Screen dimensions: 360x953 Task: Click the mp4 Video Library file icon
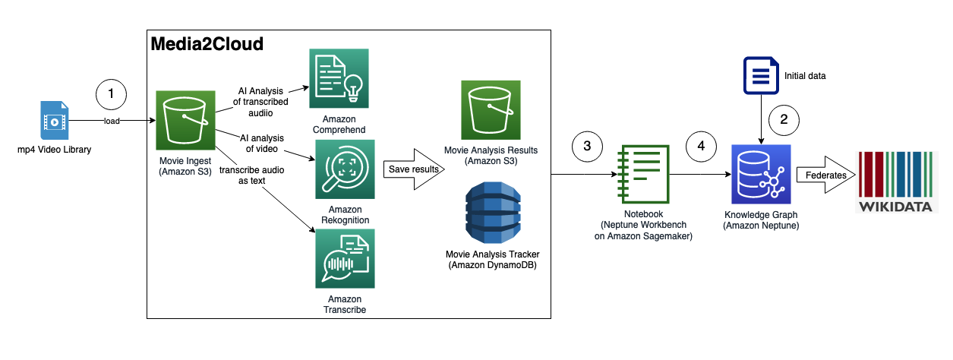pos(55,121)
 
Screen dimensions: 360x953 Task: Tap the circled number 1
pos(112,93)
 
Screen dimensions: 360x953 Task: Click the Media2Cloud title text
pos(207,44)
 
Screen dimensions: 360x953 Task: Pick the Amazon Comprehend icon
pos(339,78)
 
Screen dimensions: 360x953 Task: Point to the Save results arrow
pos(415,169)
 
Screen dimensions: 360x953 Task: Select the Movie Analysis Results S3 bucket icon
pos(491,109)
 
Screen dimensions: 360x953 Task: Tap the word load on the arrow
pos(112,121)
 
